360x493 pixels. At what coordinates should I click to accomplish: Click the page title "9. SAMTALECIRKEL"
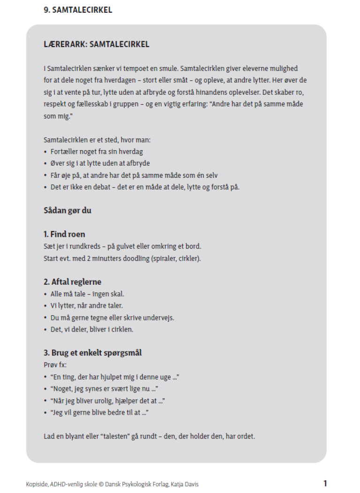click(78, 10)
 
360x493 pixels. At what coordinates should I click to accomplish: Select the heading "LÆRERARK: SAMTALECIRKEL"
click(96, 45)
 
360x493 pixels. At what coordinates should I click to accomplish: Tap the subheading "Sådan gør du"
click(67, 210)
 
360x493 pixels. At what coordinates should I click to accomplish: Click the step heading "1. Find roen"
click(64, 234)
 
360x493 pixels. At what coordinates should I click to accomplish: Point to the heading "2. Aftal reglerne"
click(72, 282)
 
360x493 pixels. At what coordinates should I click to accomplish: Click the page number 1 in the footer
click(325, 483)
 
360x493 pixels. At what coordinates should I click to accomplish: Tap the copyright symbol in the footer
click(101, 484)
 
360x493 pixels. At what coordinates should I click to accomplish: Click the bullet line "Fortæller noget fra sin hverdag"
click(97, 152)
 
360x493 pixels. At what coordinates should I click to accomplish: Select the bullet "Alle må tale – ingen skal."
click(87, 294)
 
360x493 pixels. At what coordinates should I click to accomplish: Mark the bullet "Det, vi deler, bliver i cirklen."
click(92, 329)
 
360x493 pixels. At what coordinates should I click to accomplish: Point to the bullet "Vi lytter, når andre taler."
click(87, 306)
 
